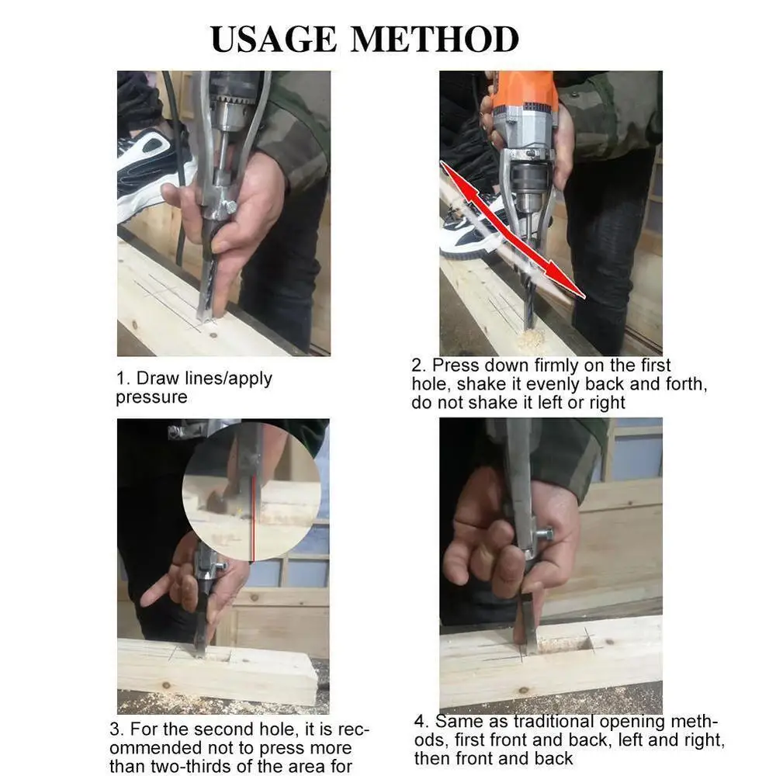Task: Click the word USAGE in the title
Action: pyautogui.click(x=274, y=39)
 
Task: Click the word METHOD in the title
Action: pyautogui.click(x=435, y=39)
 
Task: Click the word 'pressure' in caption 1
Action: pyautogui.click(x=151, y=397)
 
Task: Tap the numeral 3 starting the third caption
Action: pyautogui.click(x=115, y=729)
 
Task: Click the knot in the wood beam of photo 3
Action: pyautogui.click(x=166, y=685)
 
